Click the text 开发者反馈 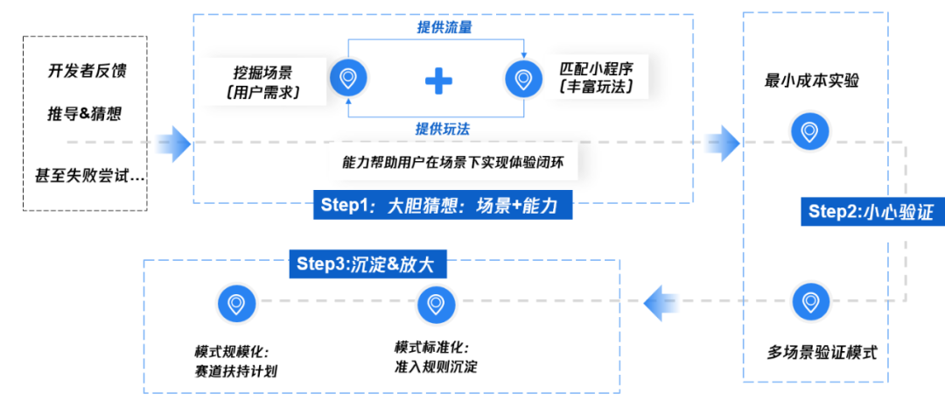[87, 71]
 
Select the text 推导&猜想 [87, 114]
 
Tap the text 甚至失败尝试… [85, 176]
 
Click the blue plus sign [438, 81]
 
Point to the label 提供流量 [445, 27]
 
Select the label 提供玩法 [442, 129]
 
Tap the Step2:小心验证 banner [871, 211]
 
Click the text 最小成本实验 [811, 81]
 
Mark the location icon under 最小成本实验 [809, 131]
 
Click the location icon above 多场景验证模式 [809, 303]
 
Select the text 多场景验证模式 [822, 353]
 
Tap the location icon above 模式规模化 [235, 304]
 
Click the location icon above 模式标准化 [435, 304]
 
